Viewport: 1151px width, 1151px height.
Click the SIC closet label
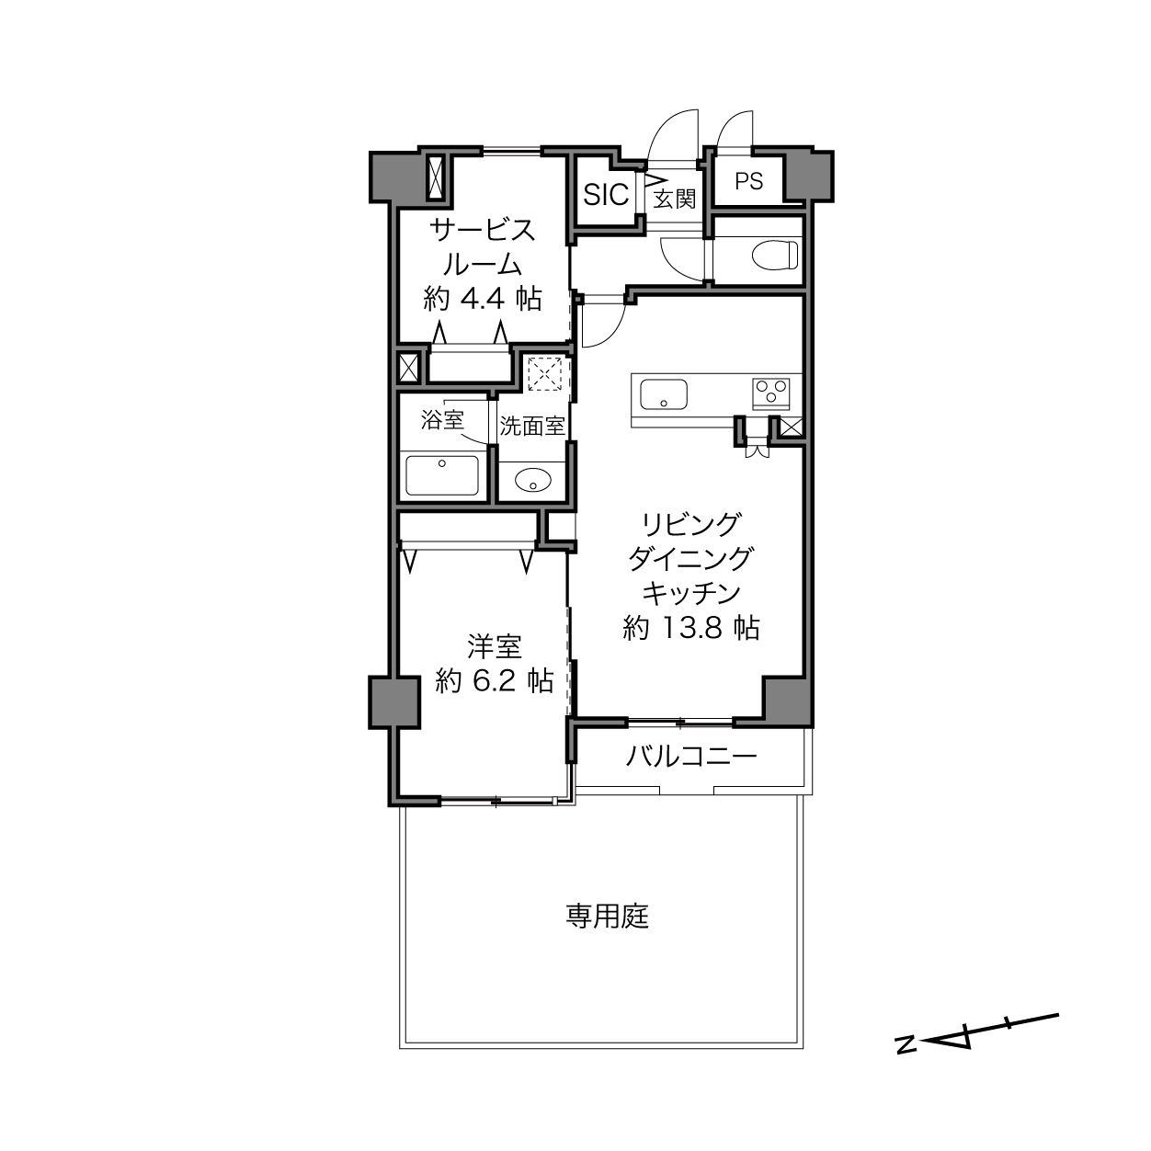point(606,194)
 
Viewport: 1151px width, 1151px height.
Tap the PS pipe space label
point(749,181)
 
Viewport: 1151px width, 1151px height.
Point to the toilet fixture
point(775,255)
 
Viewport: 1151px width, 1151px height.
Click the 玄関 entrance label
point(675,199)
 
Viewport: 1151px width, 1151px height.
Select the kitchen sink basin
point(664,394)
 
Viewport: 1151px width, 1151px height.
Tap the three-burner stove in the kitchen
point(771,394)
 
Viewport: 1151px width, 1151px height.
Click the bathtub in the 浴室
point(442,475)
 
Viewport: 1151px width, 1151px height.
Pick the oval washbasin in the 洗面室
point(533,480)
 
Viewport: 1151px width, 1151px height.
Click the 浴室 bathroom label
point(442,420)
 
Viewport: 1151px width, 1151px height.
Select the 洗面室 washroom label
point(532,426)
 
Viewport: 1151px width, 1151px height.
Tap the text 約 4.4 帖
point(483,299)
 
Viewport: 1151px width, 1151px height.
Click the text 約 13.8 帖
point(691,628)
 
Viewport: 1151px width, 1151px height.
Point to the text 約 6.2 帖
point(495,680)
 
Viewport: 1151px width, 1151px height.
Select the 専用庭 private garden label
point(608,917)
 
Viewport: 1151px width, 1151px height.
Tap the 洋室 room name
point(495,646)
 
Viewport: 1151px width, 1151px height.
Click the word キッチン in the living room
point(691,594)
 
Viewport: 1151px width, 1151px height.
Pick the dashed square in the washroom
point(545,374)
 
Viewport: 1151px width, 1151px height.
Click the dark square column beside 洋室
point(394,702)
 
